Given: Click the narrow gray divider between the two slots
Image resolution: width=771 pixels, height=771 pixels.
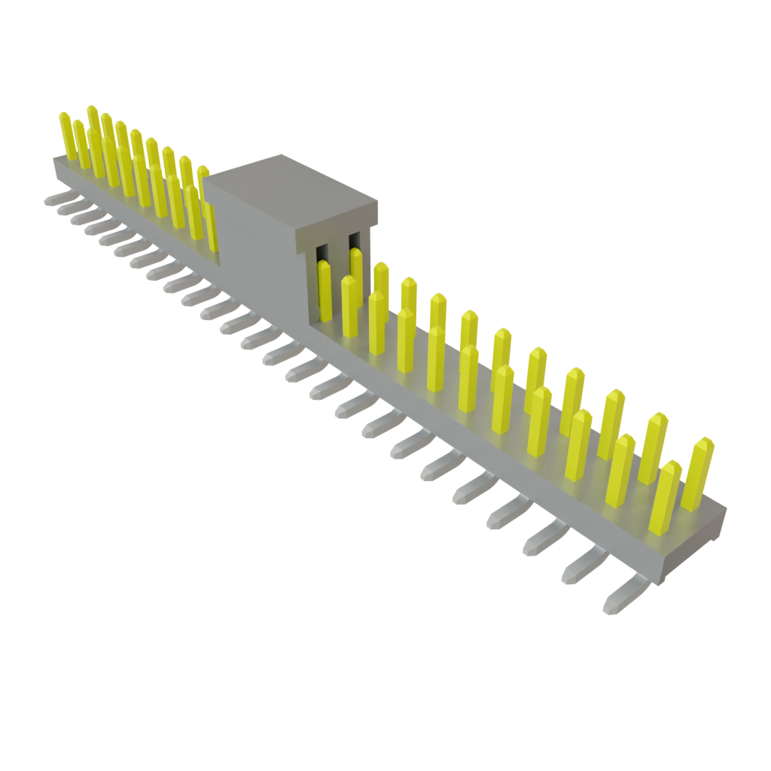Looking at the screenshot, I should pyautogui.click(x=338, y=252).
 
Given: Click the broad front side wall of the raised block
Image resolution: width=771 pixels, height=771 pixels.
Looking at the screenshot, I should pyautogui.click(x=256, y=248).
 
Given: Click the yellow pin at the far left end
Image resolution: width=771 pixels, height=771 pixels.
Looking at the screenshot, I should pyautogui.click(x=67, y=136).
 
